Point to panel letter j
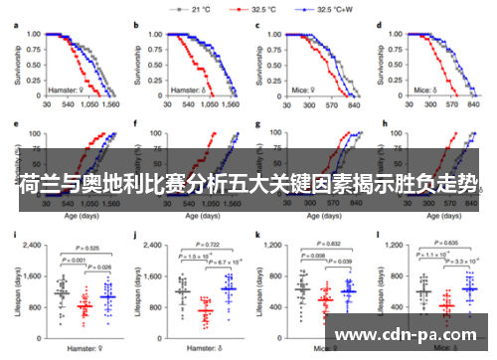click(x=134, y=236)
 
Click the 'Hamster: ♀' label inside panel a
click(x=67, y=89)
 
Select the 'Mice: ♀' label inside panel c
click(x=305, y=89)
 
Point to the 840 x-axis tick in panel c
click(x=353, y=103)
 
